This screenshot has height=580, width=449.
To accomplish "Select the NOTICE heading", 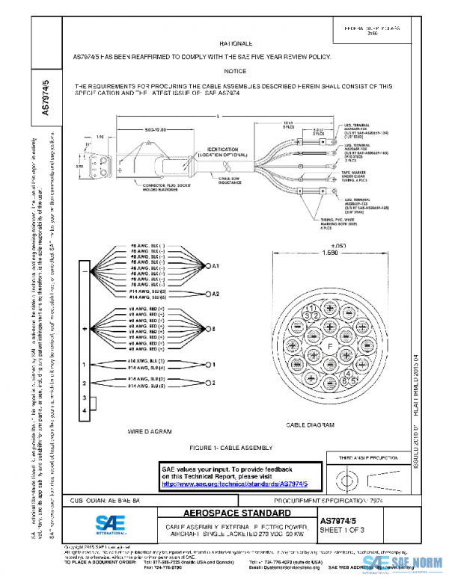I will point(235,71).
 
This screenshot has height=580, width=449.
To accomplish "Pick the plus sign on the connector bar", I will point(85,328).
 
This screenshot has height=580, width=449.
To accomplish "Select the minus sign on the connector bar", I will point(85,271).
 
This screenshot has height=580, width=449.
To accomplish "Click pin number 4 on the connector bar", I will point(85,410).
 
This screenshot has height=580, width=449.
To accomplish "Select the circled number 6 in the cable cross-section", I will point(343,380).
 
